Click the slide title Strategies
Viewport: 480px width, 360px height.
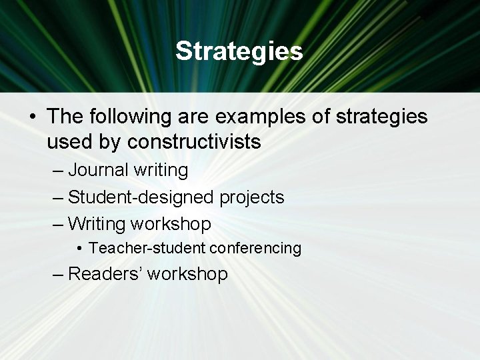(239, 51)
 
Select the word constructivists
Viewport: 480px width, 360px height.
(194, 142)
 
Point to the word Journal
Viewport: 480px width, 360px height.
(98, 170)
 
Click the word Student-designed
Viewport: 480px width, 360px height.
(141, 197)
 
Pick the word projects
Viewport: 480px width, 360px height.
(251, 197)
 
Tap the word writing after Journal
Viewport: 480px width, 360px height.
(161, 170)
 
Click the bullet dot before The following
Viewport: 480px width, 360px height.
(33, 117)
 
